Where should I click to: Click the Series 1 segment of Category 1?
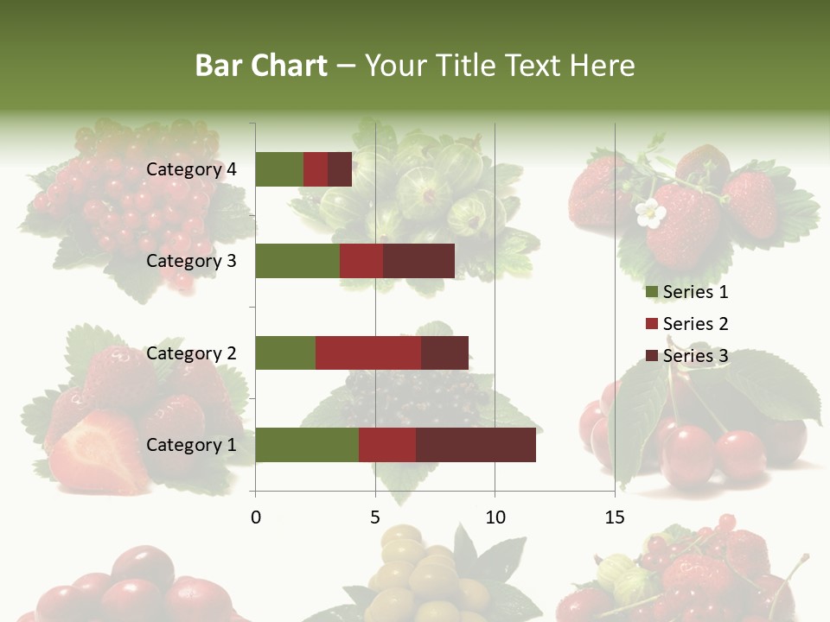point(307,445)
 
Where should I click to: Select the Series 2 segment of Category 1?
point(387,445)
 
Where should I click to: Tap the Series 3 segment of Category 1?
point(476,445)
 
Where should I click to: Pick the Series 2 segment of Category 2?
point(368,352)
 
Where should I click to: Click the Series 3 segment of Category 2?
point(444,352)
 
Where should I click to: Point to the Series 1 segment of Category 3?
point(297,261)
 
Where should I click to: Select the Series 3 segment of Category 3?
point(418,261)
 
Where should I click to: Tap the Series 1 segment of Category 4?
point(279,169)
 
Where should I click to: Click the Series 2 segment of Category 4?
point(316,169)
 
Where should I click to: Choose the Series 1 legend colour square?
point(651,292)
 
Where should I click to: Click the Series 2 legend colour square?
point(651,324)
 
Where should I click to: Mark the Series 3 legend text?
point(695,356)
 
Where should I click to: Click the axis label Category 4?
point(191,169)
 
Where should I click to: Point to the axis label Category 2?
point(191,352)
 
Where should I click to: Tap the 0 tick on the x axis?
point(255,517)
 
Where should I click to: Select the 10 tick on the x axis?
point(495,517)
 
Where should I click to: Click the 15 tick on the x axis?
point(615,517)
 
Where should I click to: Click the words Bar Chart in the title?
point(261,66)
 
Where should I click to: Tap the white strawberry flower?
point(648,214)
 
